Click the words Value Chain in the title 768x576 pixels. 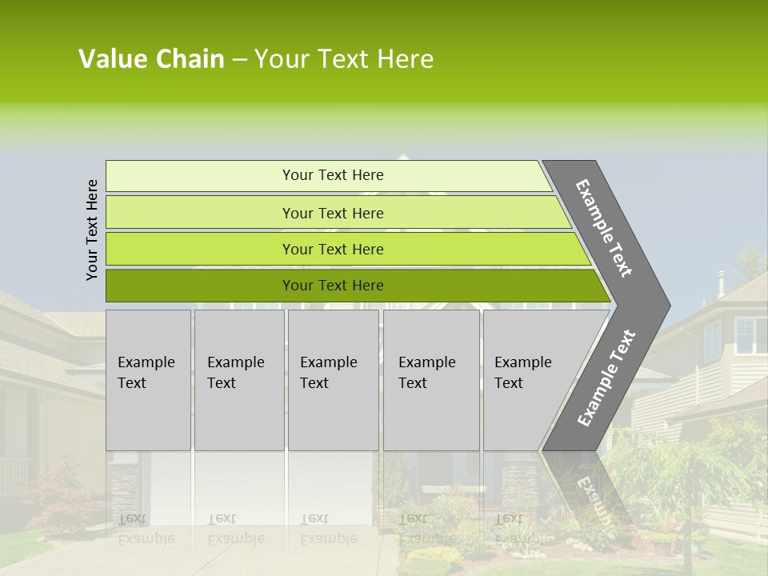[x=151, y=59]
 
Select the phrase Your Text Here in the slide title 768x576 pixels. [x=343, y=59]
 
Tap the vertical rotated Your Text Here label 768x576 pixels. [x=92, y=230]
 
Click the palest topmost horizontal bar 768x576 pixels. [x=333, y=175]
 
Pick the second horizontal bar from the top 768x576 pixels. [x=333, y=213]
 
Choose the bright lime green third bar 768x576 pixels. [x=333, y=249]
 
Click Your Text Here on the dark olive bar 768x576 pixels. [x=333, y=286]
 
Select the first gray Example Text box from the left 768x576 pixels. [x=148, y=379]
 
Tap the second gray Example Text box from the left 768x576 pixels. [x=238, y=379]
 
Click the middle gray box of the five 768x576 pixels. [x=333, y=379]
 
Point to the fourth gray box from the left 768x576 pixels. [x=431, y=379]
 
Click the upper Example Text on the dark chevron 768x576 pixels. [x=605, y=228]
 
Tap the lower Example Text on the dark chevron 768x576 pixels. [x=606, y=378]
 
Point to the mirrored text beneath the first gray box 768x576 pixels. [x=146, y=528]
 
